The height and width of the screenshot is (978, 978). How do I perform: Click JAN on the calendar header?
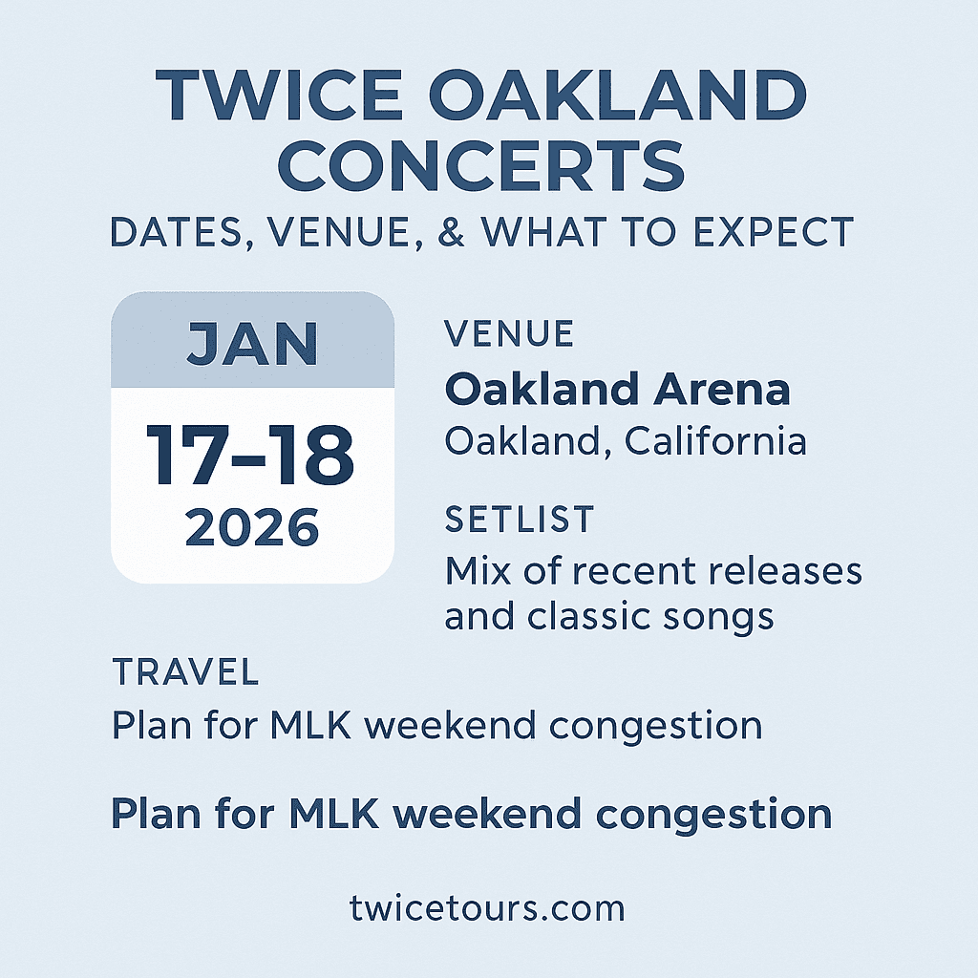click(252, 344)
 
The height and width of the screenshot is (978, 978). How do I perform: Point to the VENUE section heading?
click(509, 334)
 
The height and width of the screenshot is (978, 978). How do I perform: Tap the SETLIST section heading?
click(520, 520)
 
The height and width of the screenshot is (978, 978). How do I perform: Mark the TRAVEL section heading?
click(185, 672)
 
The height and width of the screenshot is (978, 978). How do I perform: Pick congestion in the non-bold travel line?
click(658, 726)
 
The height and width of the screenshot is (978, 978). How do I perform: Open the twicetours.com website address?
click(487, 907)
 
